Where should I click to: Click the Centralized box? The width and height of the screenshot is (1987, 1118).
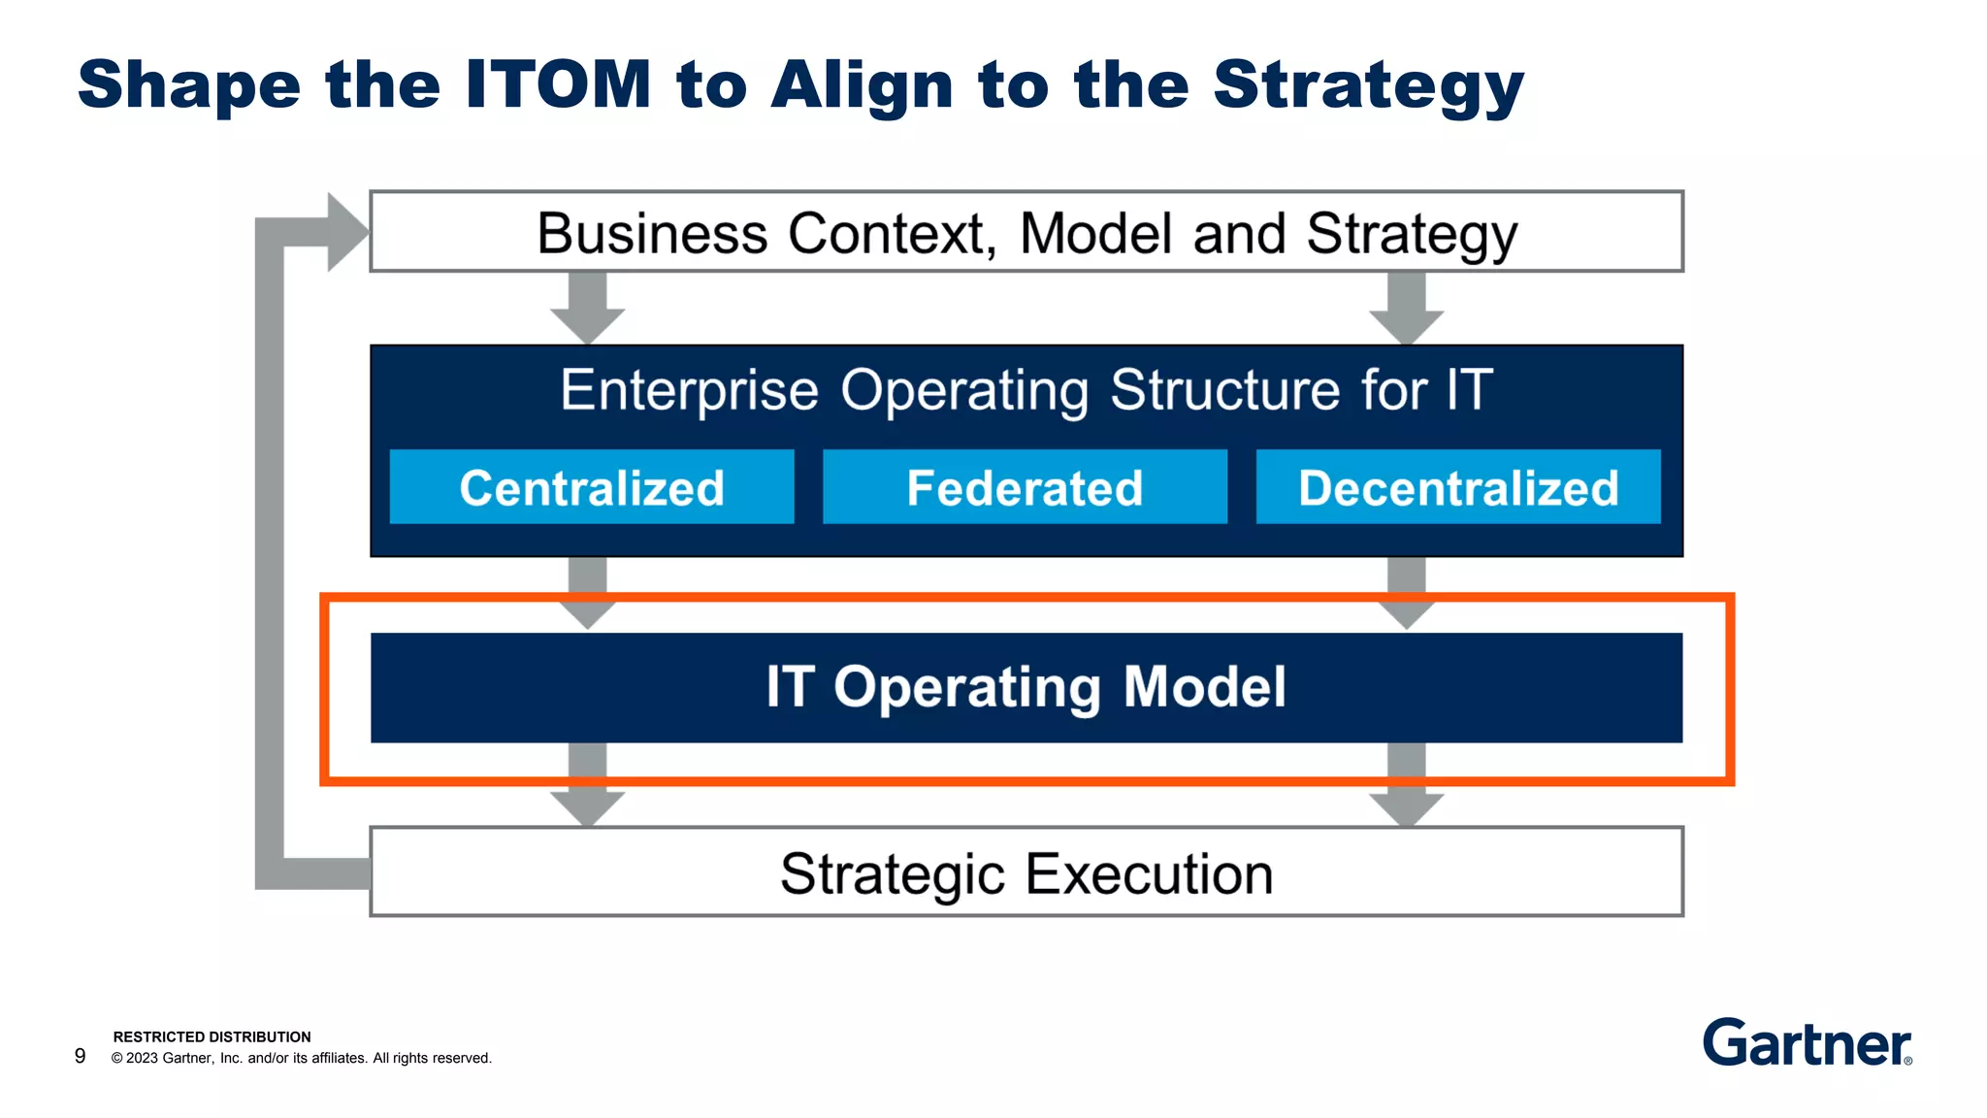[592, 487]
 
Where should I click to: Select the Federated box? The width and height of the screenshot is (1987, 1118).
[1025, 487]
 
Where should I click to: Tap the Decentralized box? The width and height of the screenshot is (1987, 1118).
[1458, 487]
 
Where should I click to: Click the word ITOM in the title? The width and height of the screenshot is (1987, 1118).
[558, 84]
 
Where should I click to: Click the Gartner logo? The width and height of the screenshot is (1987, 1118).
[1808, 1043]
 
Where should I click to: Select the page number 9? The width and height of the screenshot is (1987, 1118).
[80, 1056]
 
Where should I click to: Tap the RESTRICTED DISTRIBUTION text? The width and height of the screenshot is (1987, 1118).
[212, 1036]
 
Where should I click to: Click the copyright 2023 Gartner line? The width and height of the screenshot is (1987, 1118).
[301, 1058]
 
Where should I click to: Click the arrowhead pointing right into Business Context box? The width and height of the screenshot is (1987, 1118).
[346, 232]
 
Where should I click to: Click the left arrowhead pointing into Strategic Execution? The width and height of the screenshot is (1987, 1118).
[587, 808]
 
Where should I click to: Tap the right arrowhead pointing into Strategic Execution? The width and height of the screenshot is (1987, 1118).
[1406, 808]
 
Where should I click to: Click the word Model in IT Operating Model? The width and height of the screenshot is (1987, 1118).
[1204, 687]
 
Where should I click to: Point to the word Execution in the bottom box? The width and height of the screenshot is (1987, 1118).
[1149, 873]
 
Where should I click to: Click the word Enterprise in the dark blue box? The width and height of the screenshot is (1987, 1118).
[689, 390]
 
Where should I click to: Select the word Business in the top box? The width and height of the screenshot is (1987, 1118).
[652, 234]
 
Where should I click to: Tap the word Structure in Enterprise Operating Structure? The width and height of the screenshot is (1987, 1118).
[1223, 390]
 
